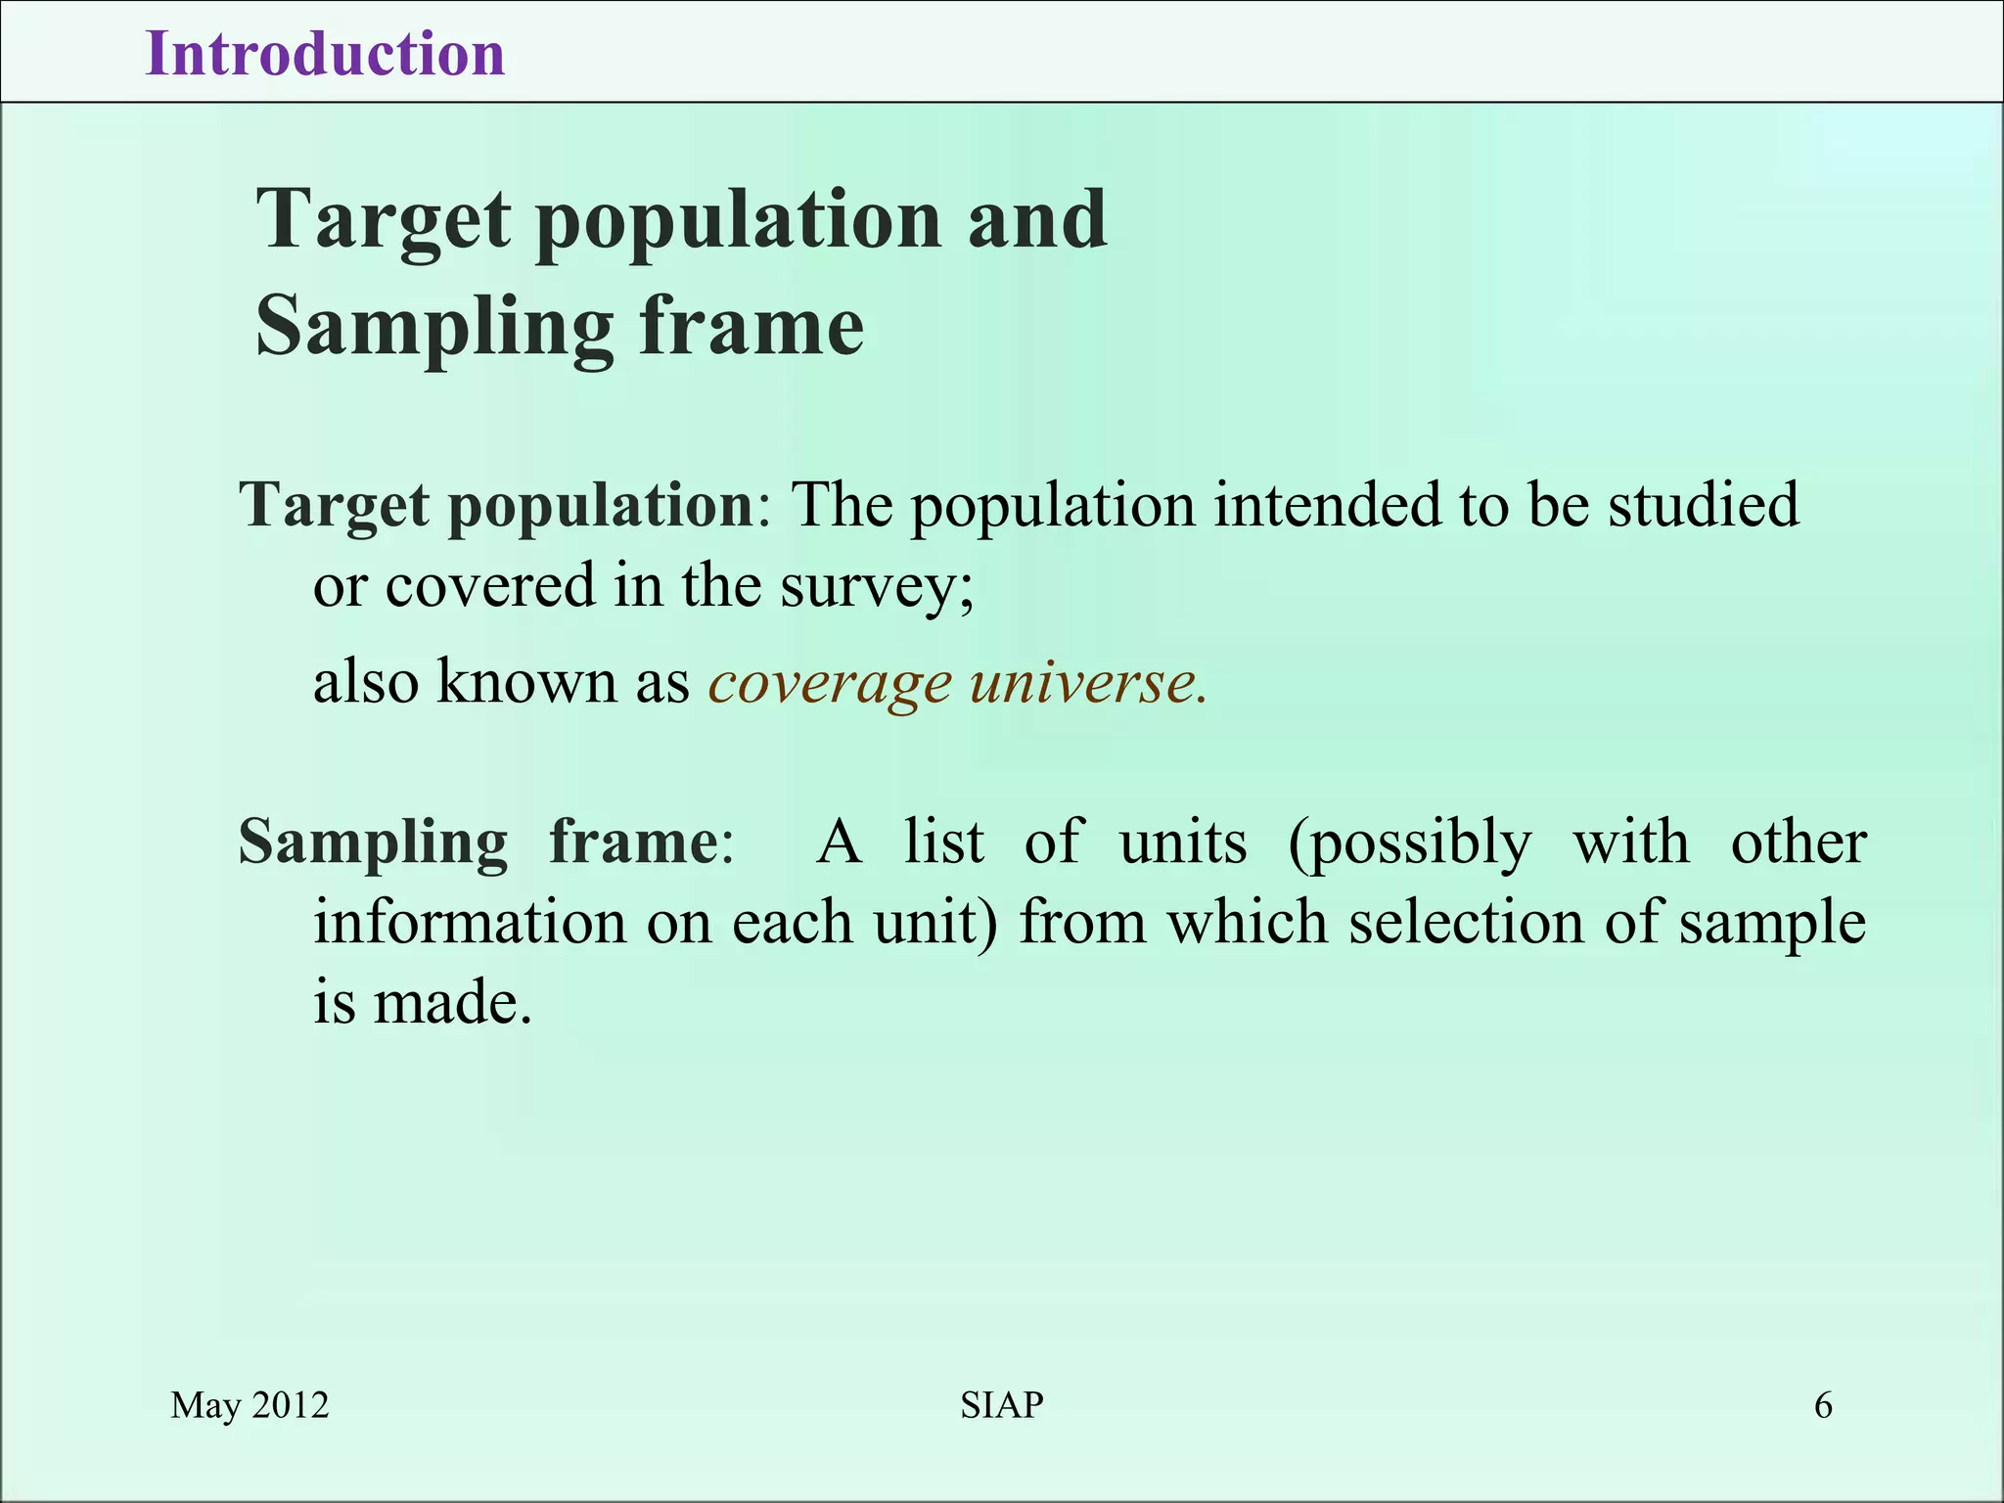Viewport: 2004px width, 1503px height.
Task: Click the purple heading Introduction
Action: [x=325, y=54]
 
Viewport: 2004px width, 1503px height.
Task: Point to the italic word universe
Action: [x=1088, y=683]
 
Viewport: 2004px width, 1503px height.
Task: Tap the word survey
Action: [x=871, y=587]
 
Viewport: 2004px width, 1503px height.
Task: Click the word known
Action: [x=526, y=681]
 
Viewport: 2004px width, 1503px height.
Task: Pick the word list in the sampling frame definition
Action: [x=943, y=842]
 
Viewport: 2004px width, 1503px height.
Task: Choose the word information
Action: [x=470, y=923]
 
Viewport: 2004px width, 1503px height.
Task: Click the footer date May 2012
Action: [x=250, y=1405]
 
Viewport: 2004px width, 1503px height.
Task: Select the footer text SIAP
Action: [x=1002, y=1405]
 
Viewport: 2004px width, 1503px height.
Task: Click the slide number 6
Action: [x=1823, y=1405]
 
